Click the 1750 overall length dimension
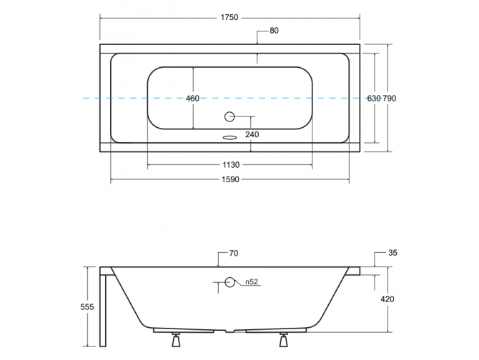[229, 12]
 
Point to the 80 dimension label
[274, 31]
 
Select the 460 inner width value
[192, 99]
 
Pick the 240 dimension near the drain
[252, 134]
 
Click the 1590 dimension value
[229, 180]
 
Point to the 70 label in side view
[234, 253]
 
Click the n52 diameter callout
[251, 282]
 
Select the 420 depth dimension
[386, 299]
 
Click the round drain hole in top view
[230, 116]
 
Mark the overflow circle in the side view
[229, 282]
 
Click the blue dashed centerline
[57, 98]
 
